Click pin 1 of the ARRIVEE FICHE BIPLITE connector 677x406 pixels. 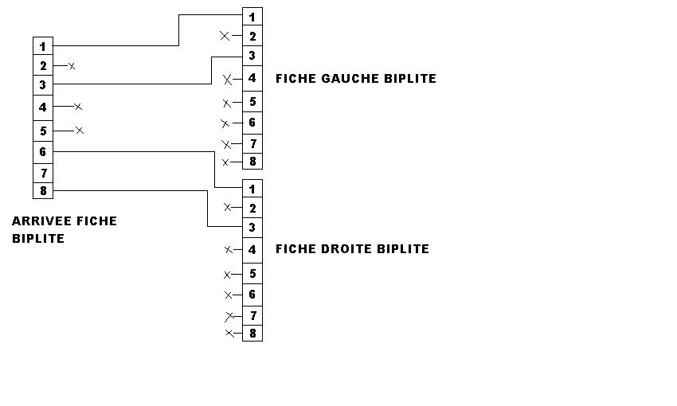(43, 47)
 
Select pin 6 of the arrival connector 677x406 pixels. (43, 152)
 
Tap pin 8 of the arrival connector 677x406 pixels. (43, 191)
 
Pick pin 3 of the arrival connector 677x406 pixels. (43, 85)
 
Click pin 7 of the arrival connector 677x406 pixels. (43, 173)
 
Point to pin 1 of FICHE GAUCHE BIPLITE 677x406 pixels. (252, 17)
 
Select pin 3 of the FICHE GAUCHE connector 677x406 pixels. (252, 56)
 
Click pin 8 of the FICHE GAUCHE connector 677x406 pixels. (252, 162)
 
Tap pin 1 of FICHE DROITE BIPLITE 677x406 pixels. (252, 189)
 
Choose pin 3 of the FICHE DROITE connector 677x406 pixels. (252, 228)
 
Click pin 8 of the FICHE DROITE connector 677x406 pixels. (252, 334)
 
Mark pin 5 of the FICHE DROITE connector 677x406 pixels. (252, 274)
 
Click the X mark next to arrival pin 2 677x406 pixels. (72, 66)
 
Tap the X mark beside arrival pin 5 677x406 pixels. (79, 130)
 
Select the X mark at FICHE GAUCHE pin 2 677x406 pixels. (225, 36)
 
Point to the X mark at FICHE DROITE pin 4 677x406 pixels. (228, 250)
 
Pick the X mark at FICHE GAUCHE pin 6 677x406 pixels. (225, 123)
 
